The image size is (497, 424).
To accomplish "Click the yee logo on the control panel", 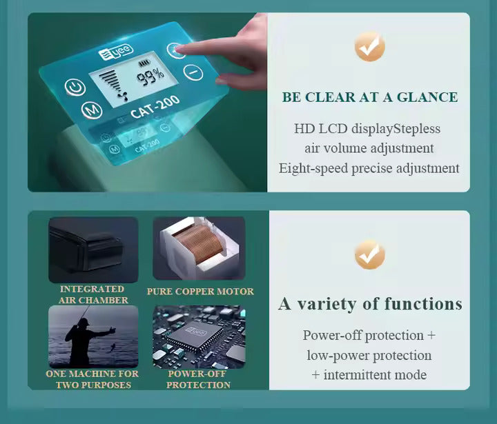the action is click(116, 52).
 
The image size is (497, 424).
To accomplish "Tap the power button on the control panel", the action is click(75, 87).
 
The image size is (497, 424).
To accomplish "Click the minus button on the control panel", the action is click(193, 72).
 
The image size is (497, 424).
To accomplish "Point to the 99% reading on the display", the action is click(150, 77).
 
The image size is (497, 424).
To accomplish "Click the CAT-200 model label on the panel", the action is click(155, 108).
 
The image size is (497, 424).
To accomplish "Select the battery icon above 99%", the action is click(144, 63).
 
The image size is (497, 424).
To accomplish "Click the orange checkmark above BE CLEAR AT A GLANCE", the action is click(369, 46).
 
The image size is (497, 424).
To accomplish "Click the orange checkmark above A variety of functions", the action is click(369, 254).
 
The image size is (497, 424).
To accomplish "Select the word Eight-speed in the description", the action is click(313, 168).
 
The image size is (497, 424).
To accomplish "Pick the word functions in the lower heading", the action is click(423, 303).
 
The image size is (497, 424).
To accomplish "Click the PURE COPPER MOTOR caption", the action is click(200, 292).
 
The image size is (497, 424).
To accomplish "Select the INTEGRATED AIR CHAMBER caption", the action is click(93, 294).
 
